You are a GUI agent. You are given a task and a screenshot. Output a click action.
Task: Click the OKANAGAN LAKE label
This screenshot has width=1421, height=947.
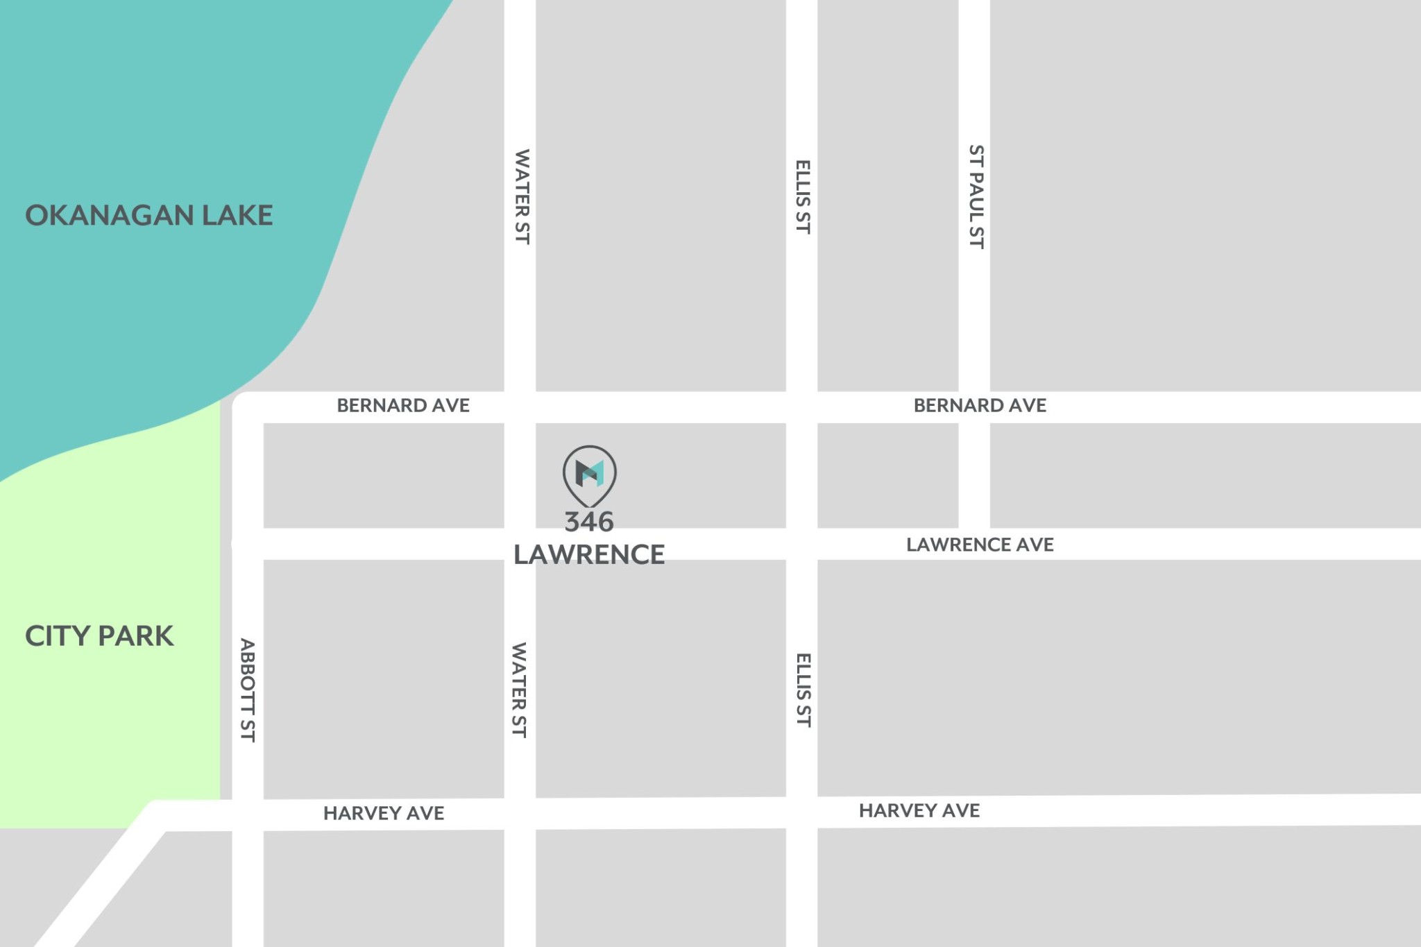148,215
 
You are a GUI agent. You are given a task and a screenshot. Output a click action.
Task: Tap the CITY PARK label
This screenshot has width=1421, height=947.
99,635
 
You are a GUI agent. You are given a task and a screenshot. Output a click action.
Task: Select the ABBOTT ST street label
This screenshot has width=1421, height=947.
248,690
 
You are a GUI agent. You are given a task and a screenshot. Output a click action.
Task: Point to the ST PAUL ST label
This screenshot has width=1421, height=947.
976,196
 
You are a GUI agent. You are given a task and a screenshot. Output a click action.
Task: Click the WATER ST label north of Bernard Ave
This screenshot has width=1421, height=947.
522,196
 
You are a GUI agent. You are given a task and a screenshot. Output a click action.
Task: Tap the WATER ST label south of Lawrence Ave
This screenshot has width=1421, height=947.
519,690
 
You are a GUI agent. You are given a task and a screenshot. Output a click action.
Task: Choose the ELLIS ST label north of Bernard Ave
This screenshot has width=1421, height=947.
803,196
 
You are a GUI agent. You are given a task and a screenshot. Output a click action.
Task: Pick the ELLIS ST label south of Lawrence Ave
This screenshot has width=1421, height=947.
803,690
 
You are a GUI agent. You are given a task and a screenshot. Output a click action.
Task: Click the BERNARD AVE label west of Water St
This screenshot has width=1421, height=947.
403,405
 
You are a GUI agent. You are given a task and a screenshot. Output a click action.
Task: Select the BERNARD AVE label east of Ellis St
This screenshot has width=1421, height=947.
980,405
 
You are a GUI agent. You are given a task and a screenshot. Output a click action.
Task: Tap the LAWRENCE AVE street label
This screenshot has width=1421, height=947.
980,545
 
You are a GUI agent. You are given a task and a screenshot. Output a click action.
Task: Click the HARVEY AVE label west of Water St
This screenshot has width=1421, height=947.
384,813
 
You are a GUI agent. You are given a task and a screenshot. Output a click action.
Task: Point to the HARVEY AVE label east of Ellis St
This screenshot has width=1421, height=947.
919,810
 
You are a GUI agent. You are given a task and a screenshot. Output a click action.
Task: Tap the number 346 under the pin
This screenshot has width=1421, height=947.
589,522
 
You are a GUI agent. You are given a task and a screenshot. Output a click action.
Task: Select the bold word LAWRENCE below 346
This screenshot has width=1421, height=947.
589,554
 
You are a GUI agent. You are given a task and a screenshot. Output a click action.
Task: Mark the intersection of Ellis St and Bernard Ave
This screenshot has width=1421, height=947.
802,407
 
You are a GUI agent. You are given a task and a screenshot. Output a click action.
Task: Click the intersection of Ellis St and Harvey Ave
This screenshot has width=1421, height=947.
802,812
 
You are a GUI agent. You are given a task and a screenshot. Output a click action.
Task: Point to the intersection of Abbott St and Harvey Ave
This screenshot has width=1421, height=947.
248,815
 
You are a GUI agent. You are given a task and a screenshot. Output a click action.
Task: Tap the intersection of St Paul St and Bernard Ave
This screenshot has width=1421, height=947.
974,407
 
